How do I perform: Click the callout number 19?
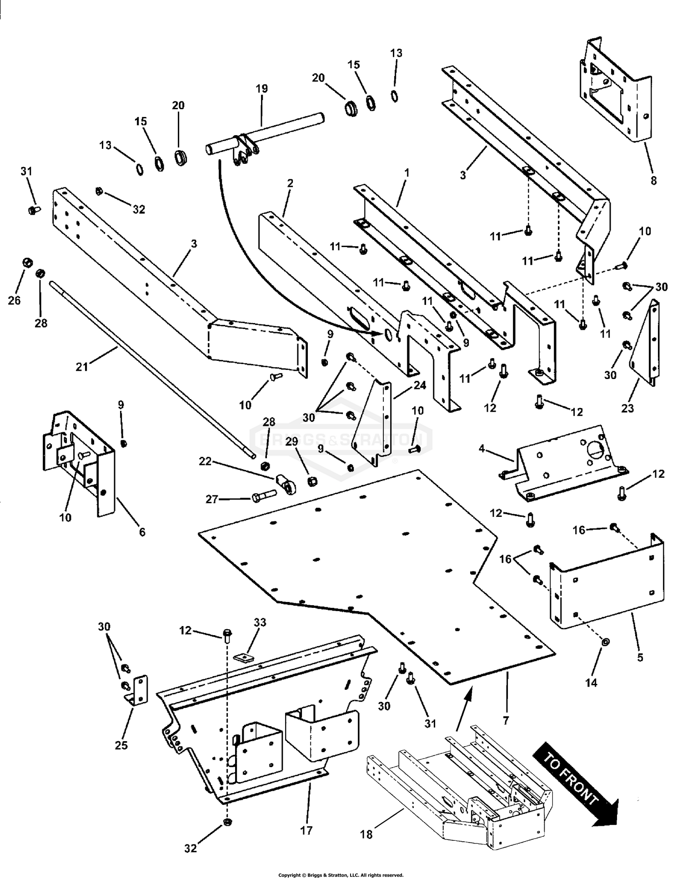[262, 89]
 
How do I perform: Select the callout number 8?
[653, 181]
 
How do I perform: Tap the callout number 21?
[82, 366]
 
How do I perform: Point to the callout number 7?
[506, 721]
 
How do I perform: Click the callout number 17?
[306, 831]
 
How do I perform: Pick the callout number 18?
[366, 834]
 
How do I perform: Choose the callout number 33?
[261, 622]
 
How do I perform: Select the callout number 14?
[591, 683]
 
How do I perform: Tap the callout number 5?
[640, 657]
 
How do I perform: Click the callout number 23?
[627, 409]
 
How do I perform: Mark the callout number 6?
[142, 532]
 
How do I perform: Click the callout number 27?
[212, 499]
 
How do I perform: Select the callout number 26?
[15, 300]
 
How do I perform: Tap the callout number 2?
[290, 183]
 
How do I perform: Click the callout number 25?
[121, 745]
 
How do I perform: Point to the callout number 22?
[206, 461]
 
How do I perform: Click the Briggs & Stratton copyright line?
[341, 875]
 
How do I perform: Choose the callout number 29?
[292, 442]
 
